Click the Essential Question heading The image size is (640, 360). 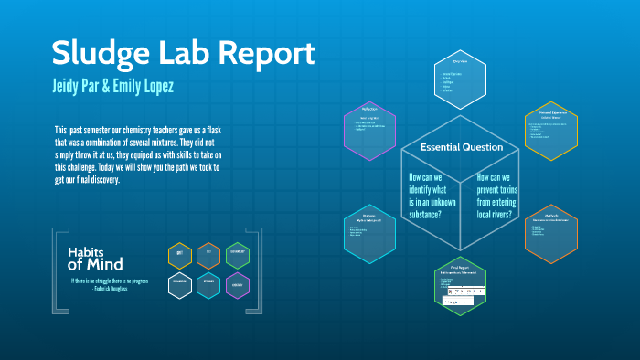pyautogui.click(x=461, y=147)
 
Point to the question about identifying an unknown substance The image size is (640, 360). pyautogui.click(x=425, y=195)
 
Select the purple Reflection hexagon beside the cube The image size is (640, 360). pyautogui.click(x=368, y=125)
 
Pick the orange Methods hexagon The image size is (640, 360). pyautogui.click(x=550, y=233)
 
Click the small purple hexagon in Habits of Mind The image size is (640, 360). pyautogui.click(x=237, y=285)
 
